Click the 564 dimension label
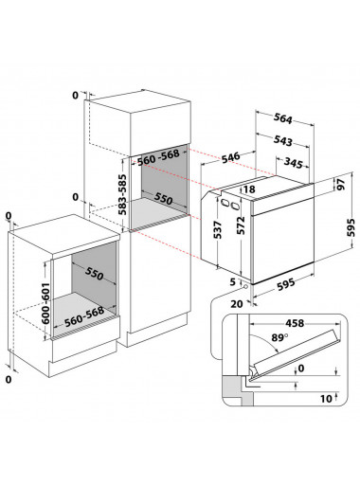coord(282,118)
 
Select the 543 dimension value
coord(282,140)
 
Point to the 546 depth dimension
coord(230,157)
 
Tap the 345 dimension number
coord(294,163)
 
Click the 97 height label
coord(340,185)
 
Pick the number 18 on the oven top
coord(249,189)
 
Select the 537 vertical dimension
coord(218,230)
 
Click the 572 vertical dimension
coord(241,225)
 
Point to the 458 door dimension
coord(295,323)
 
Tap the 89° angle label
coord(279,337)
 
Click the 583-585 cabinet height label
coord(122,194)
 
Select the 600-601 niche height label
coord(46,303)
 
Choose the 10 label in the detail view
coord(326,399)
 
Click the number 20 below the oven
coord(237,304)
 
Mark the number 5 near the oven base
coord(233,281)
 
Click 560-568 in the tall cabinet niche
coord(158,157)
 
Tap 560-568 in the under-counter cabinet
coord(84,316)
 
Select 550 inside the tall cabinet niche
coord(163,198)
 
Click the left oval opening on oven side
coord(225,202)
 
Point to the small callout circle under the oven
coord(245,286)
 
